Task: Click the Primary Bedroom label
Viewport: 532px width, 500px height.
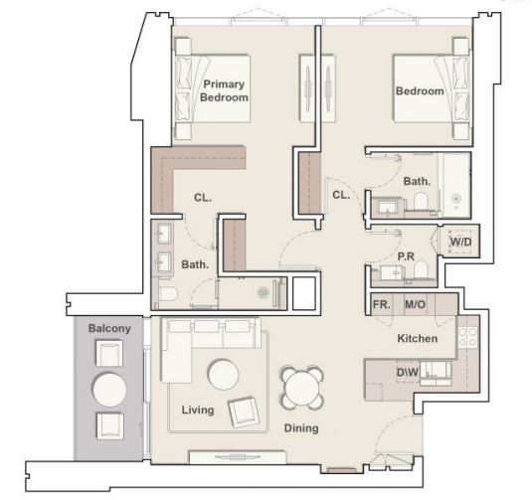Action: tap(224, 90)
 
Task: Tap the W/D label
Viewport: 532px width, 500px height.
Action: tap(461, 242)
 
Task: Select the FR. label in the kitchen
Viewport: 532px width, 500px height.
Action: tap(382, 304)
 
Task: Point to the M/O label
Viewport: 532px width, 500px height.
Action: tap(416, 304)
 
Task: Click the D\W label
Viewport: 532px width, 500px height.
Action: tap(408, 372)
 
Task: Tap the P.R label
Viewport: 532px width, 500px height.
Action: tap(406, 256)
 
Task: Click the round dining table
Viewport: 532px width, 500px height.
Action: tap(301, 387)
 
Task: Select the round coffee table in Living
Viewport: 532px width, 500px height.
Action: tap(223, 375)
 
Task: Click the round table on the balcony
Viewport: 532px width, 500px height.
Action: tap(109, 390)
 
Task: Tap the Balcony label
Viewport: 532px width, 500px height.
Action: tap(109, 328)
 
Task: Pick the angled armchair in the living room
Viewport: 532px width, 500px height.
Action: tap(244, 412)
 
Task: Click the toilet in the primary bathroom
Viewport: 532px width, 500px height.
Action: tap(168, 294)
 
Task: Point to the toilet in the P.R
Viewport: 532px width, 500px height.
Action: tap(421, 269)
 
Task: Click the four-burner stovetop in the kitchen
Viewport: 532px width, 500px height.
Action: tap(467, 337)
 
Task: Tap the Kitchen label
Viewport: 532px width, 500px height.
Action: tap(418, 338)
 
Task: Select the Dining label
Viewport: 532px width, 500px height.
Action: tap(301, 428)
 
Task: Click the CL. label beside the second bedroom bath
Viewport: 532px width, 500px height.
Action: tap(341, 195)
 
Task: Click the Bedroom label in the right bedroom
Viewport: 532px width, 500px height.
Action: tap(420, 90)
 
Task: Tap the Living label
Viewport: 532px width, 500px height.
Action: tap(198, 411)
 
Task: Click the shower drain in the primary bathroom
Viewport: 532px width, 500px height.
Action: tap(263, 292)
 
